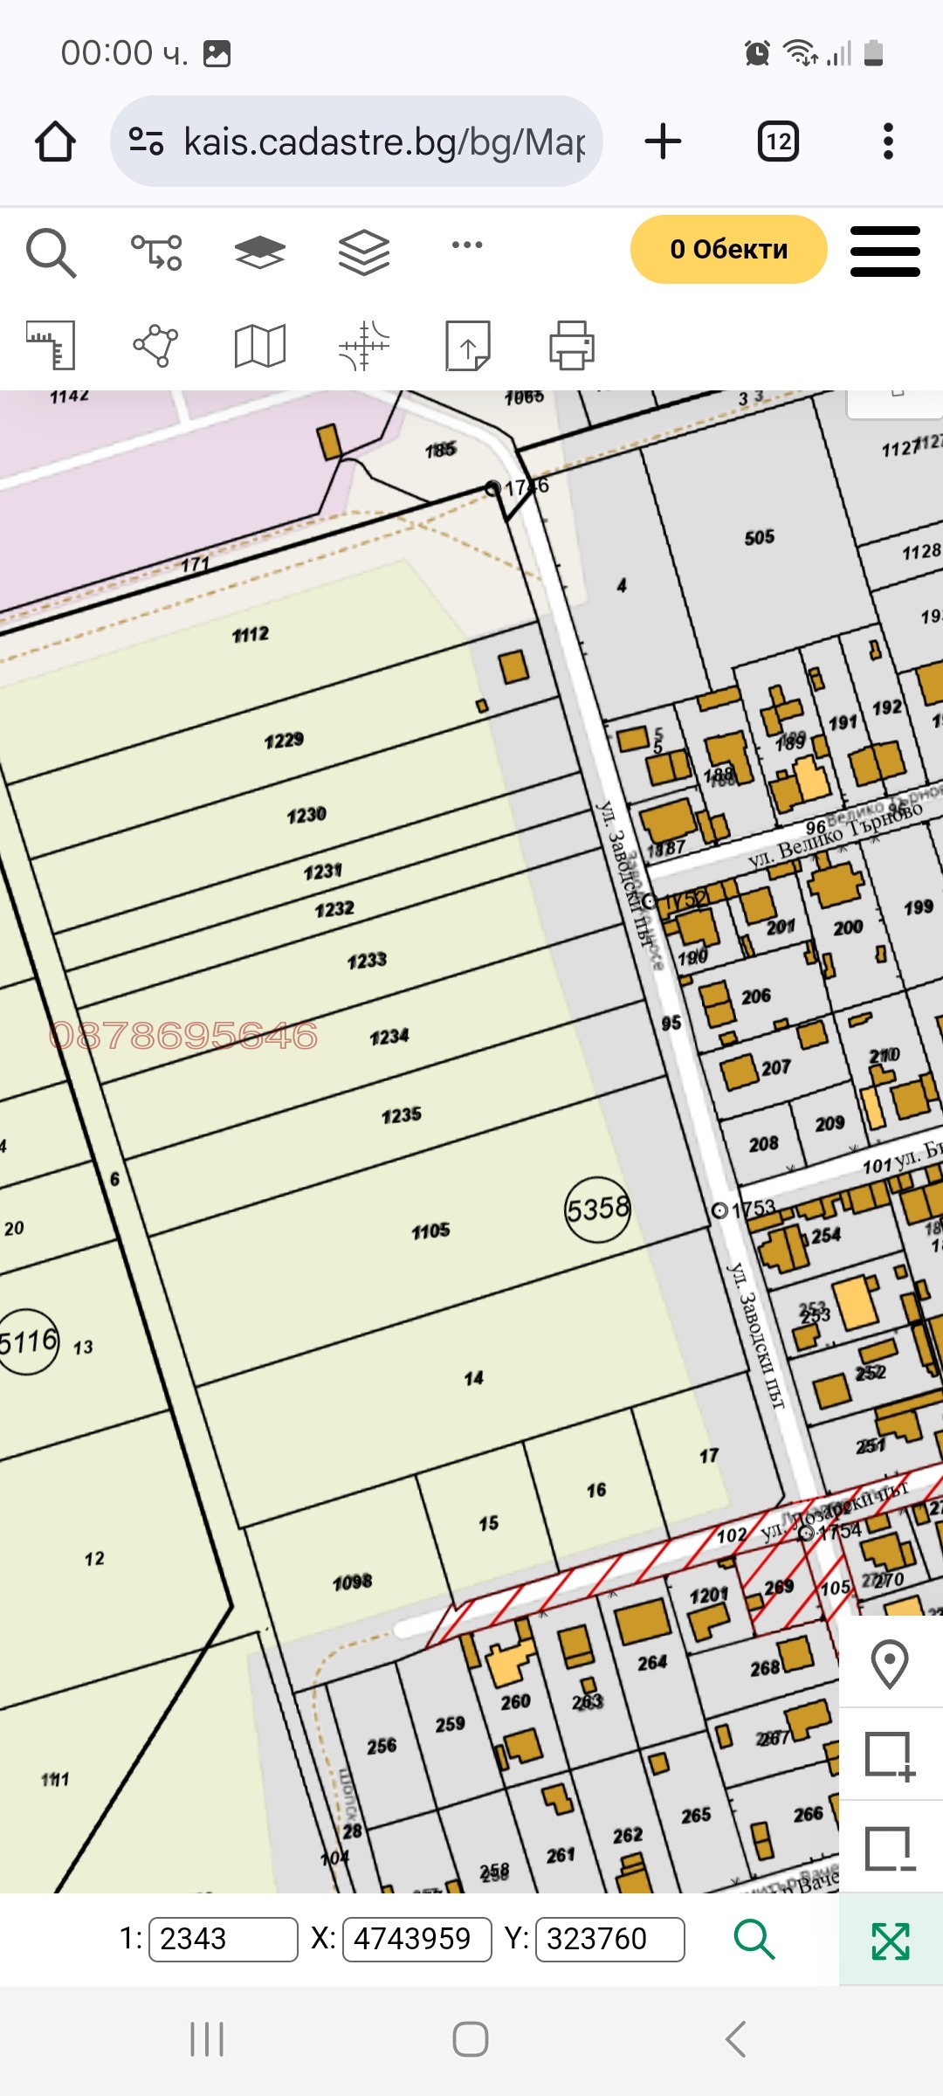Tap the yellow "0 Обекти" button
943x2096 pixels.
coord(728,250)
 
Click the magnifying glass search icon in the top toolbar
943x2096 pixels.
coord(51,252)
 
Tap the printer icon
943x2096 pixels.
coord(572,345)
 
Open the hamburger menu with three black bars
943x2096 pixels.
coord(884,252)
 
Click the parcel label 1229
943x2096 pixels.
coord(284,741)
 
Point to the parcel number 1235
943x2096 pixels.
coord(402,1115)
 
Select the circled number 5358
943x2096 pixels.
coord(597,1210)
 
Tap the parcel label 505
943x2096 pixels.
coord(759,537)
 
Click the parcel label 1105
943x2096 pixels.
coord(431,1231)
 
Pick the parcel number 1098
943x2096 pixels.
coord(353,1582)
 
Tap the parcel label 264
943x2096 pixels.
coord(652,1663)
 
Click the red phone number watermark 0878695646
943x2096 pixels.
coord(183,1036)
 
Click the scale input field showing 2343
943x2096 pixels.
coord(223,1939)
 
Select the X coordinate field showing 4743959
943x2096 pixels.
coord(417,1939)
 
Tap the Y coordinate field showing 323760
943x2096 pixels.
coord(609,1939)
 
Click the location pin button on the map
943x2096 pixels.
coord(890,1663)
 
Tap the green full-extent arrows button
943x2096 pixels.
coord(891,1940)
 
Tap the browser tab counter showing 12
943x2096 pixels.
coord(778,141)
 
